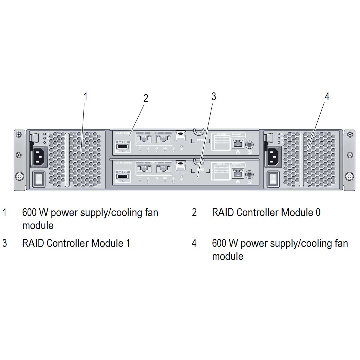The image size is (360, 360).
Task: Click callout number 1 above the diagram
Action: pyautogui.click(x=85, y=97)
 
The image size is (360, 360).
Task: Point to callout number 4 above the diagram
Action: pyautogui.click(x=327, y=97)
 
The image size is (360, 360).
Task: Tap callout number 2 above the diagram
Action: pyautogui.click(x=146, y=98)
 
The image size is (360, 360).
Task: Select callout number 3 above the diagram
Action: pyautogui.click(x=214, y=96)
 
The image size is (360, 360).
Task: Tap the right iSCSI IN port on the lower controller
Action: pyautogui.click(x=163, y=168)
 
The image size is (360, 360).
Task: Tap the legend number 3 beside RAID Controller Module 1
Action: pyautogui.click(x=5, y=243)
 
